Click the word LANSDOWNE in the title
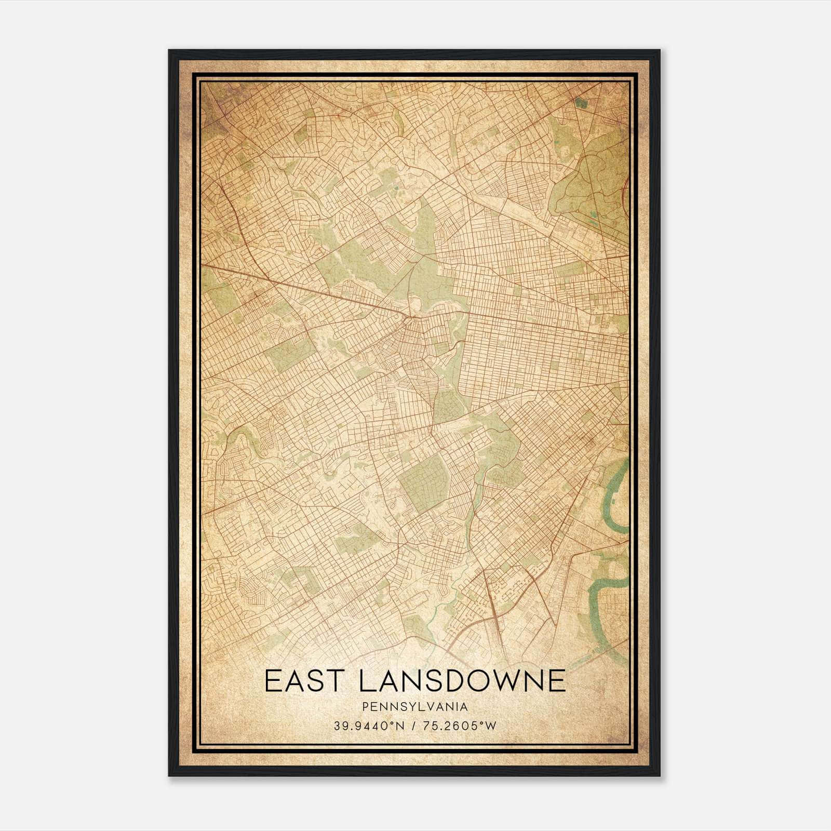(461, 681)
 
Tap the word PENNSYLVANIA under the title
(415, 707)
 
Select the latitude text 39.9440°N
(369, 726)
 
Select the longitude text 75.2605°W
(460, 726)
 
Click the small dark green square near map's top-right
(581, 103)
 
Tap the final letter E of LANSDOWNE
(557, 681)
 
